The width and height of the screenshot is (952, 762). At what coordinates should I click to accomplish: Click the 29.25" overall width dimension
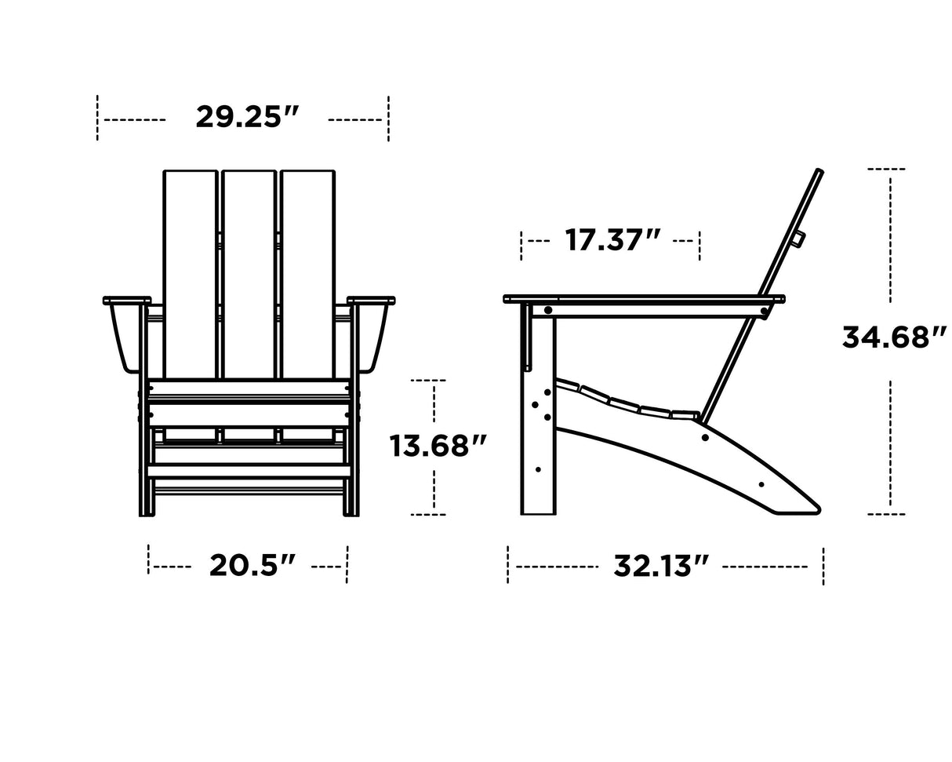coord(247,118)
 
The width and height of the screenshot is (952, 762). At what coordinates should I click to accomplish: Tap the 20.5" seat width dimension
coord(253,565)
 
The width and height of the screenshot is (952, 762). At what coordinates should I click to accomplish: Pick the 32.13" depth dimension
coord(660,565)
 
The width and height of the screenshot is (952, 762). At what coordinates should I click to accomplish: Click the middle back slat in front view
coord(249,275)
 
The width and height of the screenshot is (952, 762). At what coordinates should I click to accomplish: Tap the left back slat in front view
coord(190,275)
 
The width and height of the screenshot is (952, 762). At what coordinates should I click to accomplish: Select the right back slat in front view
coord(307,275)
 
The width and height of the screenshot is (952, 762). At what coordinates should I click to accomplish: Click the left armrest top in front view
coord(127,301)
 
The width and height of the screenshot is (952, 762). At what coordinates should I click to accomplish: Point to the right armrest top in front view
coord(371,301)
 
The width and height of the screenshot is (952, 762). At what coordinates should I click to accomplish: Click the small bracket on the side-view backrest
coord(798,239)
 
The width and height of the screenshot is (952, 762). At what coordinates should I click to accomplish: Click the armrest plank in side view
coord(643,299)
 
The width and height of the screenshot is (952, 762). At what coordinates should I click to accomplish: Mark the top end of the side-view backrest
coord(818,171)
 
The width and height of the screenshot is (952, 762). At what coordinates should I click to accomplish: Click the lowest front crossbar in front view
coord(249,471)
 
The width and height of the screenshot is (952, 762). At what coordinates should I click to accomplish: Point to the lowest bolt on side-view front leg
coord(538,469)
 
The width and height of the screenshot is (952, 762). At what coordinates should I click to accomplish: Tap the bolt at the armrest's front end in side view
coord(547,311)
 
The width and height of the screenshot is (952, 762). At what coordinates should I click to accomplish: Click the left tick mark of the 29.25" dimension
coord(97,118)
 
